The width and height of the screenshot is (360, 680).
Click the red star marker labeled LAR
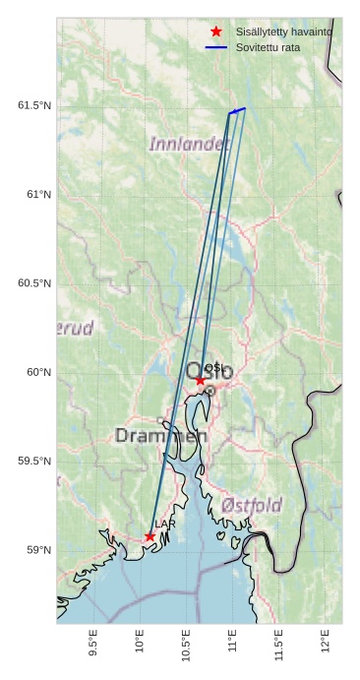pos(150,536)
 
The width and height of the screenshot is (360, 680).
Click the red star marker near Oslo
pos(201,380)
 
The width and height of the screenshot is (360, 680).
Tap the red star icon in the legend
pos(216,31)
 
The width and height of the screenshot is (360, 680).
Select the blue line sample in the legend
pos(216,47)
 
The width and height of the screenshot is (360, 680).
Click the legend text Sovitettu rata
pos(268,47)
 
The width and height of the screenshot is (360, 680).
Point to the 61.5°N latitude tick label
pos(34,105)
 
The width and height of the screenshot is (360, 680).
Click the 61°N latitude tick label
pos(39,195)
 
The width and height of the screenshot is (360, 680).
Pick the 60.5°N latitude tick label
pos(34,283)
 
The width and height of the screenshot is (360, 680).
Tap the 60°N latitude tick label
pos(39,372)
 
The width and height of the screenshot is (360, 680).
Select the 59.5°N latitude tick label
pos(34,462)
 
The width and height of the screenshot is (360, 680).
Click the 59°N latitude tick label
pos(39,550)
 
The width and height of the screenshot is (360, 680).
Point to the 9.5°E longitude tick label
pos(93,645)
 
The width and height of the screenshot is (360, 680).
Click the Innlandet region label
pos(188,144)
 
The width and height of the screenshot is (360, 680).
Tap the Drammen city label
pos(160,435)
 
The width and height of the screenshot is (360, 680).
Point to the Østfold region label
pos(252,504)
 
